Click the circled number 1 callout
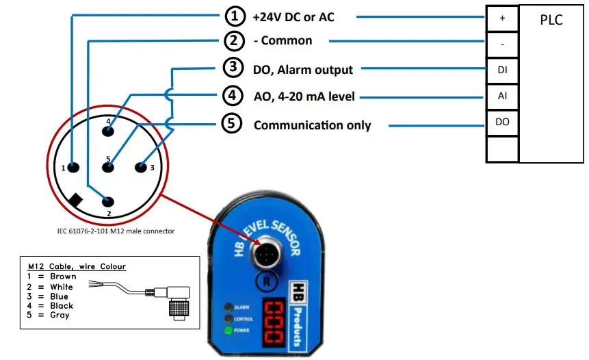pos(235,16)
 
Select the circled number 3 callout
pos(233,68)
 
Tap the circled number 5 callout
pos(233,125)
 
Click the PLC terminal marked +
pos(502,19)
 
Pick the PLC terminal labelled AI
pos(502,97)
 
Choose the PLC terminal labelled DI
pos(502,70)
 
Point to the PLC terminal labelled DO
pos(502,122)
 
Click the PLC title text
pos(551,20)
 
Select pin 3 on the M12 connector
pos(142,167)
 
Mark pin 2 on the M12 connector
pos(107,201)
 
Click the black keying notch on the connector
pos(77,200)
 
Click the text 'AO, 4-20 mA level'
pos(304,97)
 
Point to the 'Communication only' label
pos(312,125)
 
